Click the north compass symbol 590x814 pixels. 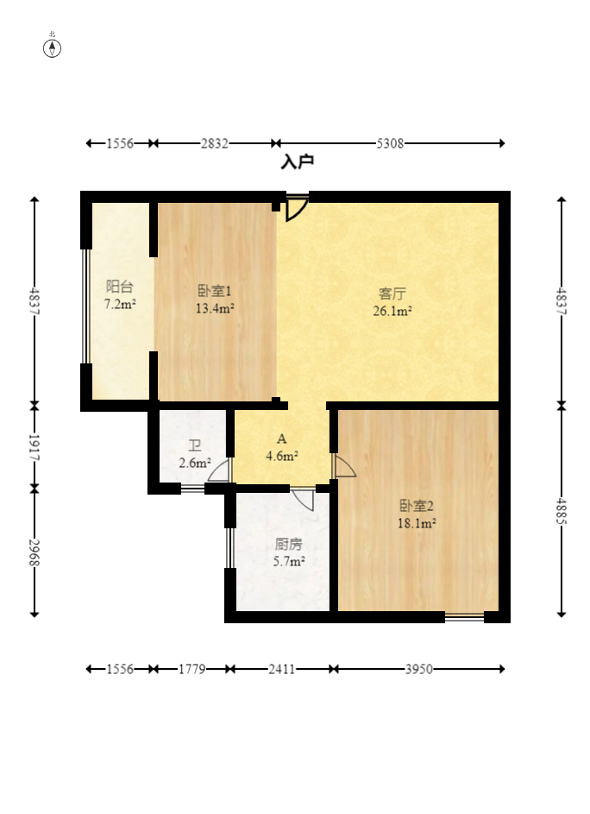point(52,47)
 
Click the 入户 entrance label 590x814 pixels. point(298,162)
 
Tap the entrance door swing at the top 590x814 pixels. point(297,208)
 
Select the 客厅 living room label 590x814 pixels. point(392,293)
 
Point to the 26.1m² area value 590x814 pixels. point(392,311)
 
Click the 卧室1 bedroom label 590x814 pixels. point(214,291)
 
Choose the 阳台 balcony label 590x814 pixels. point(120,287)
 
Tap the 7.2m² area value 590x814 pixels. point(120,304)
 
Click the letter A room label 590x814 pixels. point(282,439)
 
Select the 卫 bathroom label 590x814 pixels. point(195,445)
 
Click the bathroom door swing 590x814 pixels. point(219,470)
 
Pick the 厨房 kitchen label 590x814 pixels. point(288,544)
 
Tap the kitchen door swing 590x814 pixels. point(303,499)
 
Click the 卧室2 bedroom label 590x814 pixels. point(417,506)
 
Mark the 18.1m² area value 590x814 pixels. point(417,523)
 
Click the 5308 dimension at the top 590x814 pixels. point(390,143)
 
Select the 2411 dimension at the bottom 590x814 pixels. point(281,669)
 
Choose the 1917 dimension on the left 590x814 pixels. point(35,447)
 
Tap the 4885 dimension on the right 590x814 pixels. point(562,511)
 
